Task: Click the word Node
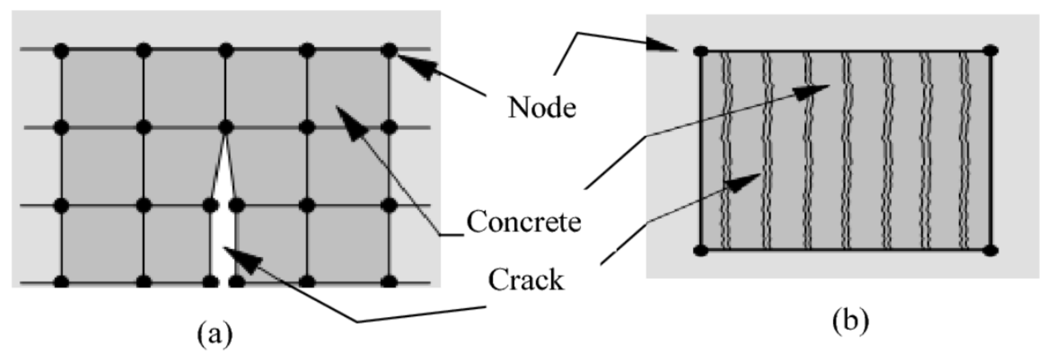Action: tap(542, 108)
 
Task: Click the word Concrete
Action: tap(524, 222)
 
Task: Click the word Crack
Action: tap(526, 280)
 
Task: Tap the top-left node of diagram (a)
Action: tap(61, 50)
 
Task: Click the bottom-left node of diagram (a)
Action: tap(61, 281)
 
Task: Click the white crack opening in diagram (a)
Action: tap(223, 228)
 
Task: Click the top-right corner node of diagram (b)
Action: tap(990, 51)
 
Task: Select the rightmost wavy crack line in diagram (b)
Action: tap(964, 151)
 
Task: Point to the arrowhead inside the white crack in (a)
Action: tap(240, 257)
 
